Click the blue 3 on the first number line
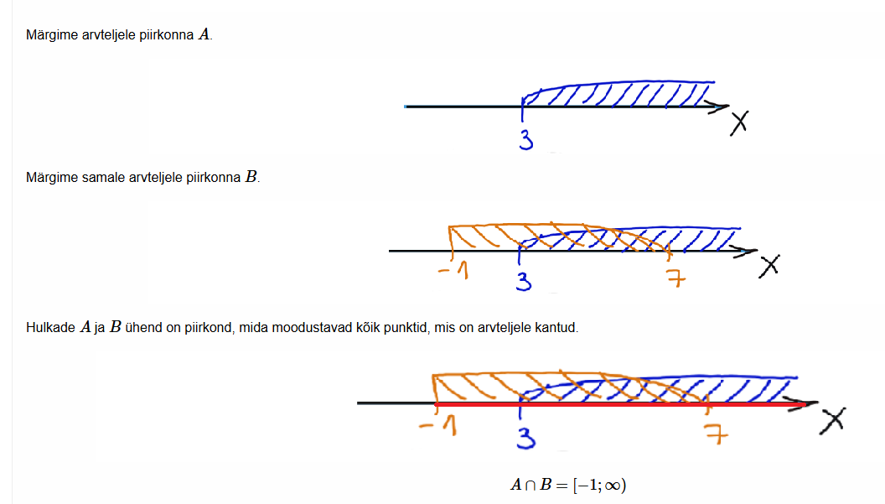click(526, 140)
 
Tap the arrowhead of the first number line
click(719, 107)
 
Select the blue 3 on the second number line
click(524, 281)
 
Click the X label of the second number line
click(769, 265)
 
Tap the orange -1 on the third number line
click(439, 429)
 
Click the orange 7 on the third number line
click(713, 434)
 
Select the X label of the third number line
click(831, 419)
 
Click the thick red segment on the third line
click(620, 404)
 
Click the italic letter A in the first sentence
click(204, 35)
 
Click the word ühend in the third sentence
click(144, 328)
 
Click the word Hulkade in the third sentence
click(50, 328)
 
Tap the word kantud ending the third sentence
click(556, 328)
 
